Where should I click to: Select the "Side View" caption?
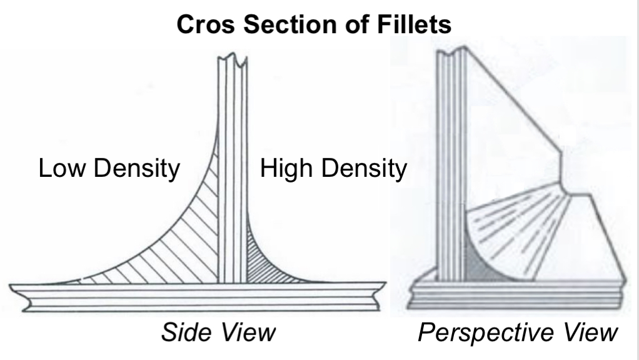tap(218, 332)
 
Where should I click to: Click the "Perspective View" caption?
tap(516, 332)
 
